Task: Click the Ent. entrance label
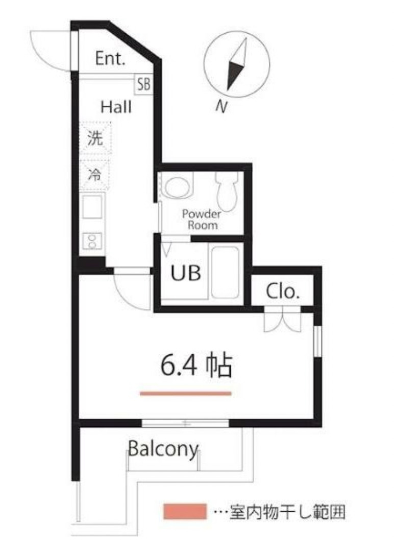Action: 110,59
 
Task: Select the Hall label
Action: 116,107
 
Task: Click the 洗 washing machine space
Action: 95,138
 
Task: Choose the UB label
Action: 185,273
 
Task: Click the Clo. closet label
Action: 282,292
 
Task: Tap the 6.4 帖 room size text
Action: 196,366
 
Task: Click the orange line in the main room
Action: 186,393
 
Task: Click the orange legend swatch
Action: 185,511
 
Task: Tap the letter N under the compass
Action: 221,106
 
